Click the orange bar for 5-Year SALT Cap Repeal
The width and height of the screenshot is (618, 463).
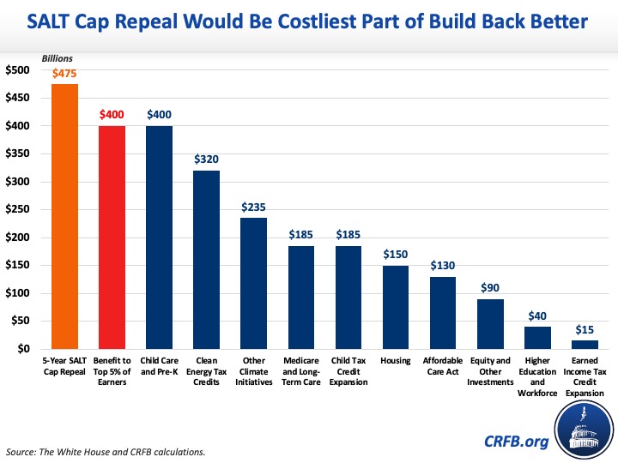(64, 216)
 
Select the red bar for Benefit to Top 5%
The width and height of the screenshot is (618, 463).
(112, 238)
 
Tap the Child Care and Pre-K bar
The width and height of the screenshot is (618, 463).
(159, 238)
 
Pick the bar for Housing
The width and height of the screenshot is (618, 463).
(395, 307)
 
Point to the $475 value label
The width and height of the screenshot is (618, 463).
(65, 75)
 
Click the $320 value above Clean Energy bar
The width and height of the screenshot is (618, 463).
(206, 159)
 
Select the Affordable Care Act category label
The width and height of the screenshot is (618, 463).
(442, 365)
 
